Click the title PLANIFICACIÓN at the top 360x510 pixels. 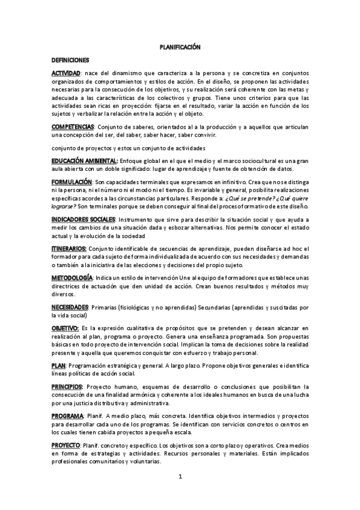point(180,46)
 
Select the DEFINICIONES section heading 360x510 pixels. point(70,60)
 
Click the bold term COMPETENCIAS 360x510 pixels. point(73,127)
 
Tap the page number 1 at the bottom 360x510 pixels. point(180,477)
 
